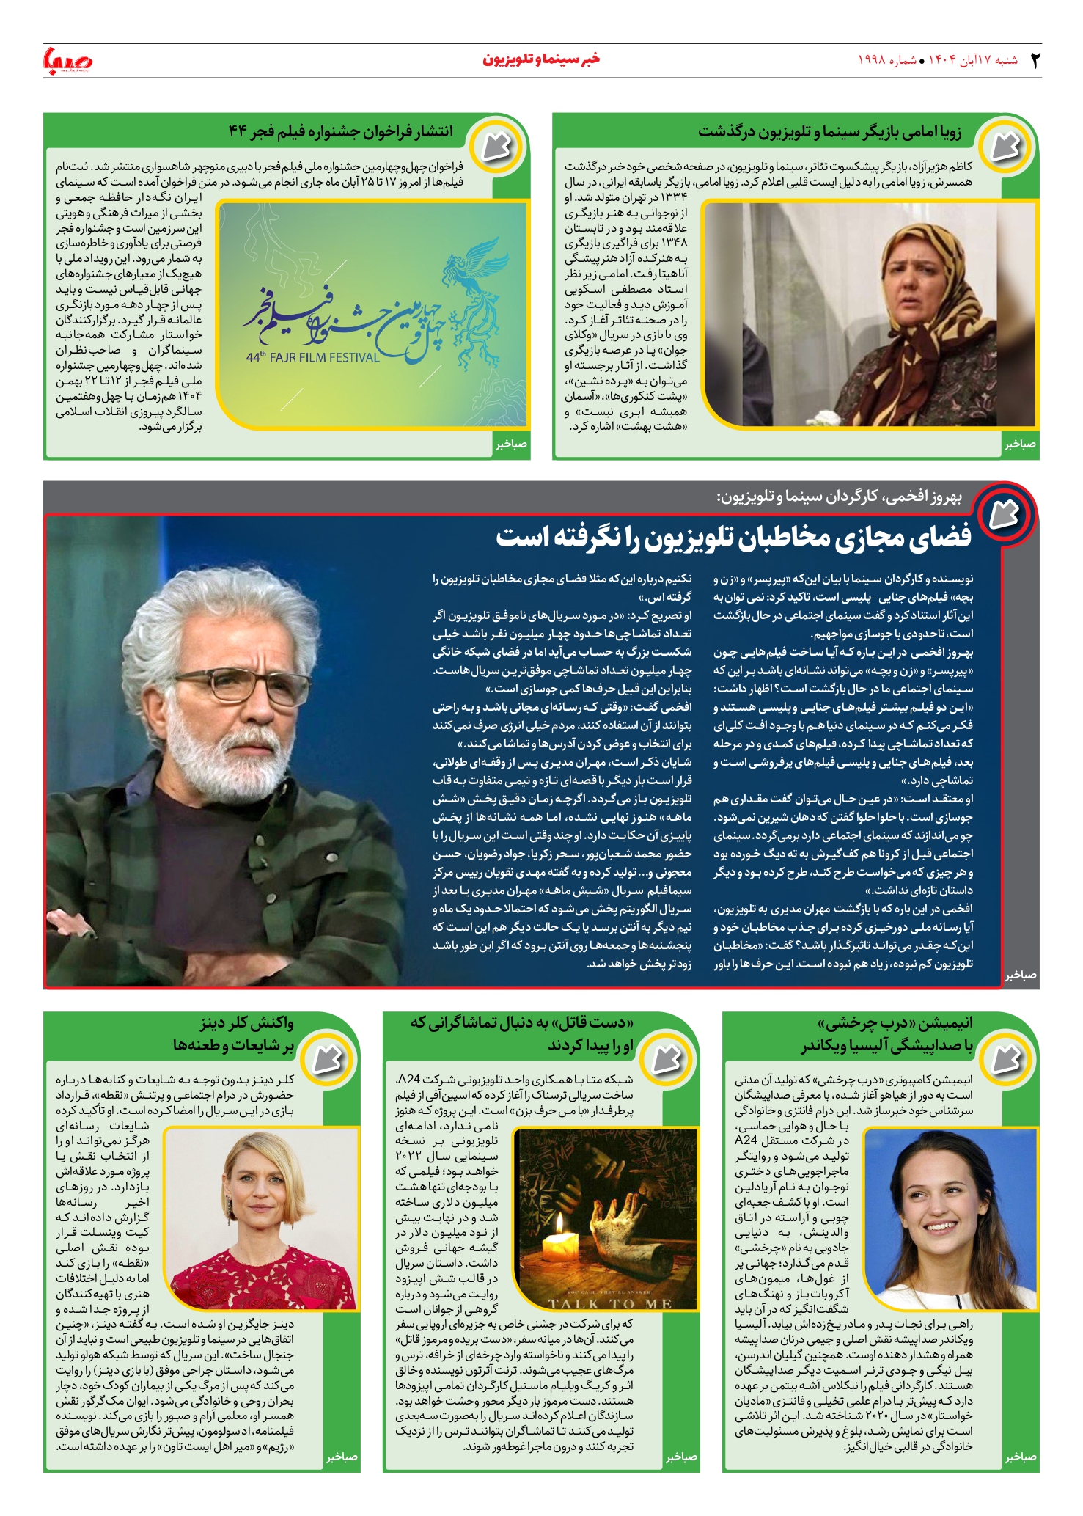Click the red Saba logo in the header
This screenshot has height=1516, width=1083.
tap(68, 60)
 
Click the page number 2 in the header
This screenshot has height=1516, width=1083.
tap(1035, 60)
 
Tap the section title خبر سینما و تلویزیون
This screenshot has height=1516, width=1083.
tap(541, 59)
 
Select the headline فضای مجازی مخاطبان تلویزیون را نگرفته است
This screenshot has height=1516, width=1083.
tap(733, 536)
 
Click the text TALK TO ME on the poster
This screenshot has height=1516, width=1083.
tap(610, 1303)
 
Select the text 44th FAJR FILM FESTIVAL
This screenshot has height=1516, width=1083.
tap(313, 358)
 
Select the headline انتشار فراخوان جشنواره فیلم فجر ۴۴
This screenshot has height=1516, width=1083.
tap(341, 132)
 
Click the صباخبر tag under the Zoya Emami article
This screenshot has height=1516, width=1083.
tap(1020, 444)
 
